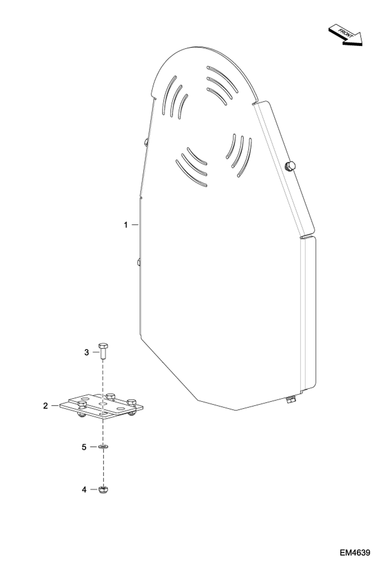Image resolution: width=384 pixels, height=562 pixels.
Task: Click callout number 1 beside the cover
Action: pos(126,225)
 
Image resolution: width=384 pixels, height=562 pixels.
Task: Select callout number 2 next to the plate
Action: pos(45,406)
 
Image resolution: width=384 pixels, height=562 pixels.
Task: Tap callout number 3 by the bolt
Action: pos(87,352)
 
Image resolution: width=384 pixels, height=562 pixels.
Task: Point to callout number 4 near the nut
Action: pos(84,490)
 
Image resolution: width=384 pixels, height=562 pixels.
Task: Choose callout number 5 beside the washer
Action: pos(84,447)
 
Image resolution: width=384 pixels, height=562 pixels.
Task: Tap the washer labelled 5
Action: pos(103,447)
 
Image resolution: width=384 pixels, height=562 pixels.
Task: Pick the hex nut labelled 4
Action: pos(103,490)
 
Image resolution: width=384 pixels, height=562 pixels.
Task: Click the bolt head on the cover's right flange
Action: pos(290,166)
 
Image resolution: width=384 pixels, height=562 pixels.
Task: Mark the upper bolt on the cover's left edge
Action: pos(146,142)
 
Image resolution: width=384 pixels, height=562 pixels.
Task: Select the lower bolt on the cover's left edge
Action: pos(138,262)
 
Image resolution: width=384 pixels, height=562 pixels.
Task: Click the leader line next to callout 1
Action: pos(135,225)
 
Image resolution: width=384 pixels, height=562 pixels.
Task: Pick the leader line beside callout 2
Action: pos(55,405)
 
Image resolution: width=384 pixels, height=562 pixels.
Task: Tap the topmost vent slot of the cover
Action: pos(222,77)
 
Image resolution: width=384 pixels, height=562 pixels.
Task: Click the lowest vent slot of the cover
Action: pos(191,173)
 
